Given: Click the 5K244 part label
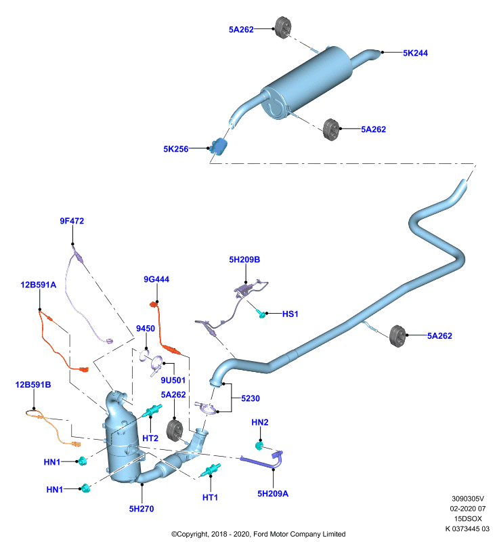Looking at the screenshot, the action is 415,54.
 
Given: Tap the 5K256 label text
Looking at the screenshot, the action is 176,149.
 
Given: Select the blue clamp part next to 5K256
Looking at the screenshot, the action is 219,146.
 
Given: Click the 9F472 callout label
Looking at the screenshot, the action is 72,221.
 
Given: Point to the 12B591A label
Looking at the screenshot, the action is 39,285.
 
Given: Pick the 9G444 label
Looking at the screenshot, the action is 156,279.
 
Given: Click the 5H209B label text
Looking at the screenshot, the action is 244,259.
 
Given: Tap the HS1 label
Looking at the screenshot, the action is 290,314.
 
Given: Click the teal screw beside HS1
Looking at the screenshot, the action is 261,314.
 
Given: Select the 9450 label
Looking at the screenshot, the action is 146,329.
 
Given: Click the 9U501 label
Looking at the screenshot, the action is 173,380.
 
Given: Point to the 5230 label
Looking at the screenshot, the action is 251,398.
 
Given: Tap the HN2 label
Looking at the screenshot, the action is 260,422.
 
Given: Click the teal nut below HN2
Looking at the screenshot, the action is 259,446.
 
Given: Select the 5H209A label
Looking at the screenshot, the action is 273,494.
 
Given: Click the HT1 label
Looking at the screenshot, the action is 210,497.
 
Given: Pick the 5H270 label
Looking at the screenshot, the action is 142,509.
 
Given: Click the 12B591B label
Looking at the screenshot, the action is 33,385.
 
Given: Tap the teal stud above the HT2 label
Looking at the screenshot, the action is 152,411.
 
